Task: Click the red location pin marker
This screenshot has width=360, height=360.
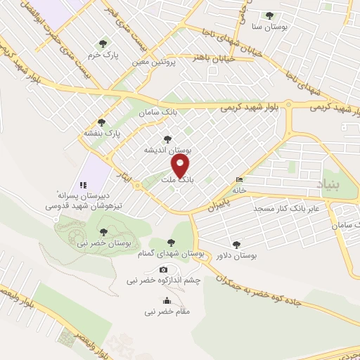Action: click(x=181, y=165)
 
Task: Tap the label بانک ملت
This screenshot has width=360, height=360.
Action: click(x=176, y=180)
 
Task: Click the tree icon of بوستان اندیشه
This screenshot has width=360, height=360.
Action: click(x=167, y=139)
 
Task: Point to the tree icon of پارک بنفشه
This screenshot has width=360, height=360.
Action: click(x=102, y=122)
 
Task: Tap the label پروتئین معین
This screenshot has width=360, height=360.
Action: click(x=155, y=63)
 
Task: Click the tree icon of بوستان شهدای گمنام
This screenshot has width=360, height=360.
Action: click(x=173, y=243)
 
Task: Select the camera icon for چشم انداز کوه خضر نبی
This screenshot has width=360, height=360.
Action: click(x=164, y=270)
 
